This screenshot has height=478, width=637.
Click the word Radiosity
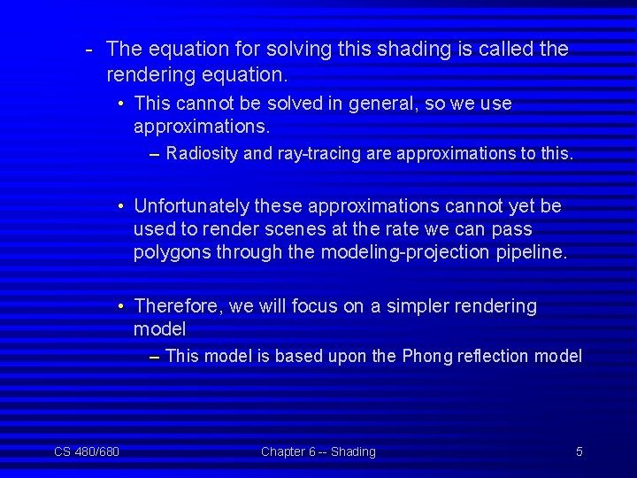coord(202,154)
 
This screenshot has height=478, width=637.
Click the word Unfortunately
coord(191,206)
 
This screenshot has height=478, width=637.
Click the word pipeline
coord(533,252)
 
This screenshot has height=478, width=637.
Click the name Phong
coord(426,357)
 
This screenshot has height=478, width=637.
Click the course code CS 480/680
coord(87,452)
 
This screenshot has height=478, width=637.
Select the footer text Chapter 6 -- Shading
coord(318,452)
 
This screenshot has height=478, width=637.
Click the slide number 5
coord(579,452)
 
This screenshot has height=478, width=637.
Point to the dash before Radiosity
coord(155,154)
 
